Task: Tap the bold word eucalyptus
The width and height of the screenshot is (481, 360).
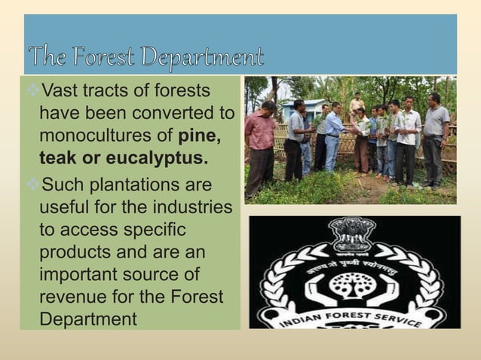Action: [x=146, y=160]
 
